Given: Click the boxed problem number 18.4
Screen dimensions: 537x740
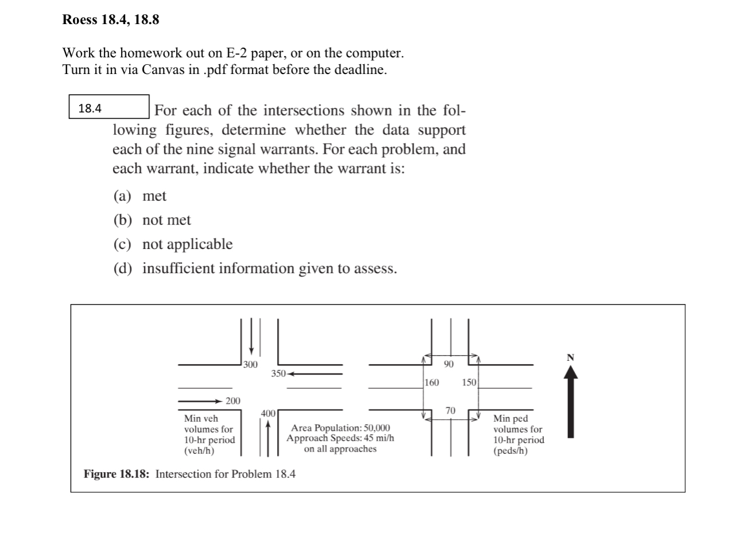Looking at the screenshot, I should tap(90, 108).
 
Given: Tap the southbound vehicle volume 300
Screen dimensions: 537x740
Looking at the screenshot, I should tap(250, 364).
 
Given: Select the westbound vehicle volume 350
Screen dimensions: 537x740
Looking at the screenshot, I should tap(278, 374).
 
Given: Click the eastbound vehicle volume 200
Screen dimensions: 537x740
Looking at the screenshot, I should tap(232, 400).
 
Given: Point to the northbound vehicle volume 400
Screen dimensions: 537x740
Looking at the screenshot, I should tap(268, 413).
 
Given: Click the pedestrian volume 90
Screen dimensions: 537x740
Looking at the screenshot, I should tap(449, 364).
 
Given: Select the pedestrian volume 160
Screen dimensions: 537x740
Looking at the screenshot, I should tap(432, 382).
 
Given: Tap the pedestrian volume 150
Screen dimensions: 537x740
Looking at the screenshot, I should tap(469, 382).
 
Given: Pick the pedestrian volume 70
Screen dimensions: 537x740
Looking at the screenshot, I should tap(450, 410).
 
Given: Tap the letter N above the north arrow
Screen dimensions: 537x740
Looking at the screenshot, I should tap(570, 357).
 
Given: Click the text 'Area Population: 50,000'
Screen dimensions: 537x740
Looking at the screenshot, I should tap(340, 428).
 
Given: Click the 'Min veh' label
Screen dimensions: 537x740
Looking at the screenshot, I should tap(201, 419).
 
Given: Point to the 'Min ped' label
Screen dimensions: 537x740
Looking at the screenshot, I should tap(511, 419).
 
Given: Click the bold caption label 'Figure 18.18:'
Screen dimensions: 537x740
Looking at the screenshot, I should tap(118, 474).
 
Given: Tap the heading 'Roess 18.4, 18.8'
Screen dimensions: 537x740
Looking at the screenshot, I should tap(111, 21).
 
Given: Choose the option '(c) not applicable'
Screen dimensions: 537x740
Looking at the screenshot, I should tap(173, 244).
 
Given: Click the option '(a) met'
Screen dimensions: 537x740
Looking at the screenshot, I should tap(140, 196).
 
